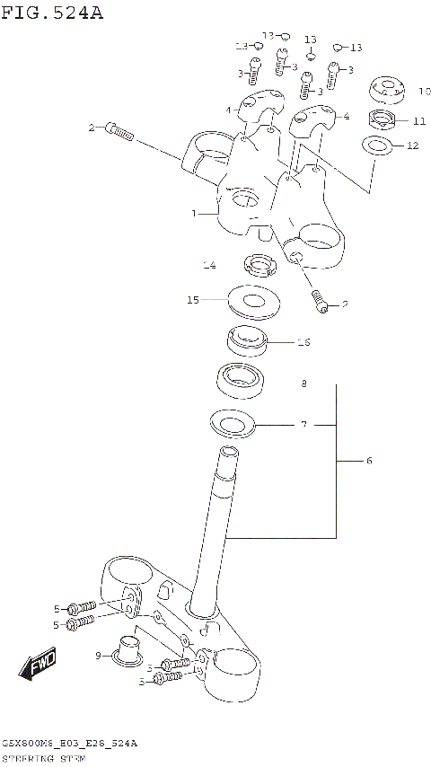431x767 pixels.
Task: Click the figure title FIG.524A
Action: point(53,12)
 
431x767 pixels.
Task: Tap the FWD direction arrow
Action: point(39,666)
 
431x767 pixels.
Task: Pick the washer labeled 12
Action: point(378,145)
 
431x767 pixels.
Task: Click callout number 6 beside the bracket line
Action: point(368,461)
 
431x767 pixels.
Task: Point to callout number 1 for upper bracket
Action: point(193,214)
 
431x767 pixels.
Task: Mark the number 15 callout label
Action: point(192,300)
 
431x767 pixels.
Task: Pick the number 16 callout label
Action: point(303,342)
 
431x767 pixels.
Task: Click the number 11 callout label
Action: point(419,120)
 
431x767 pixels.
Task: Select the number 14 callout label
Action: point(208,266)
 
